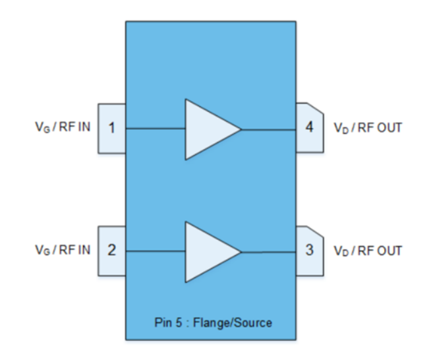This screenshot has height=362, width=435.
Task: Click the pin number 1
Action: pyautogui.click(x=112, y=129)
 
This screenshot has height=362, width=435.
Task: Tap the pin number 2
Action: pyautogui.click(x=112, y=251)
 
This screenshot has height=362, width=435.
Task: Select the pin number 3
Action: pyautogui.click(x=310, y=251)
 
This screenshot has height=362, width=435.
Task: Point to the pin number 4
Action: pyautogui.click(x=310, y=127)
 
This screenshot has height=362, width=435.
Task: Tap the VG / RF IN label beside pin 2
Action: pyautogui.click(x=63, y=251)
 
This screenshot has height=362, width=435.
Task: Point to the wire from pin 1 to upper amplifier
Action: pyautogui.click(x=156, y=129)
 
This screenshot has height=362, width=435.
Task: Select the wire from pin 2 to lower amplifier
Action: pyautogui.click(x=156, y=251)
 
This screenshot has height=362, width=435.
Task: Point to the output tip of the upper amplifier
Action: pyautogui.click(x=241, y=129)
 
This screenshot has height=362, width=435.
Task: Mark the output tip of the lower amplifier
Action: pyautogui.click(x=241, y=252)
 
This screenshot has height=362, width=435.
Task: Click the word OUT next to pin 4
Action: pyautogui.click(x=390, y=128)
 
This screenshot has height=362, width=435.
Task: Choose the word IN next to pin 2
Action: pyautogui.click(x=86, y=251)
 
